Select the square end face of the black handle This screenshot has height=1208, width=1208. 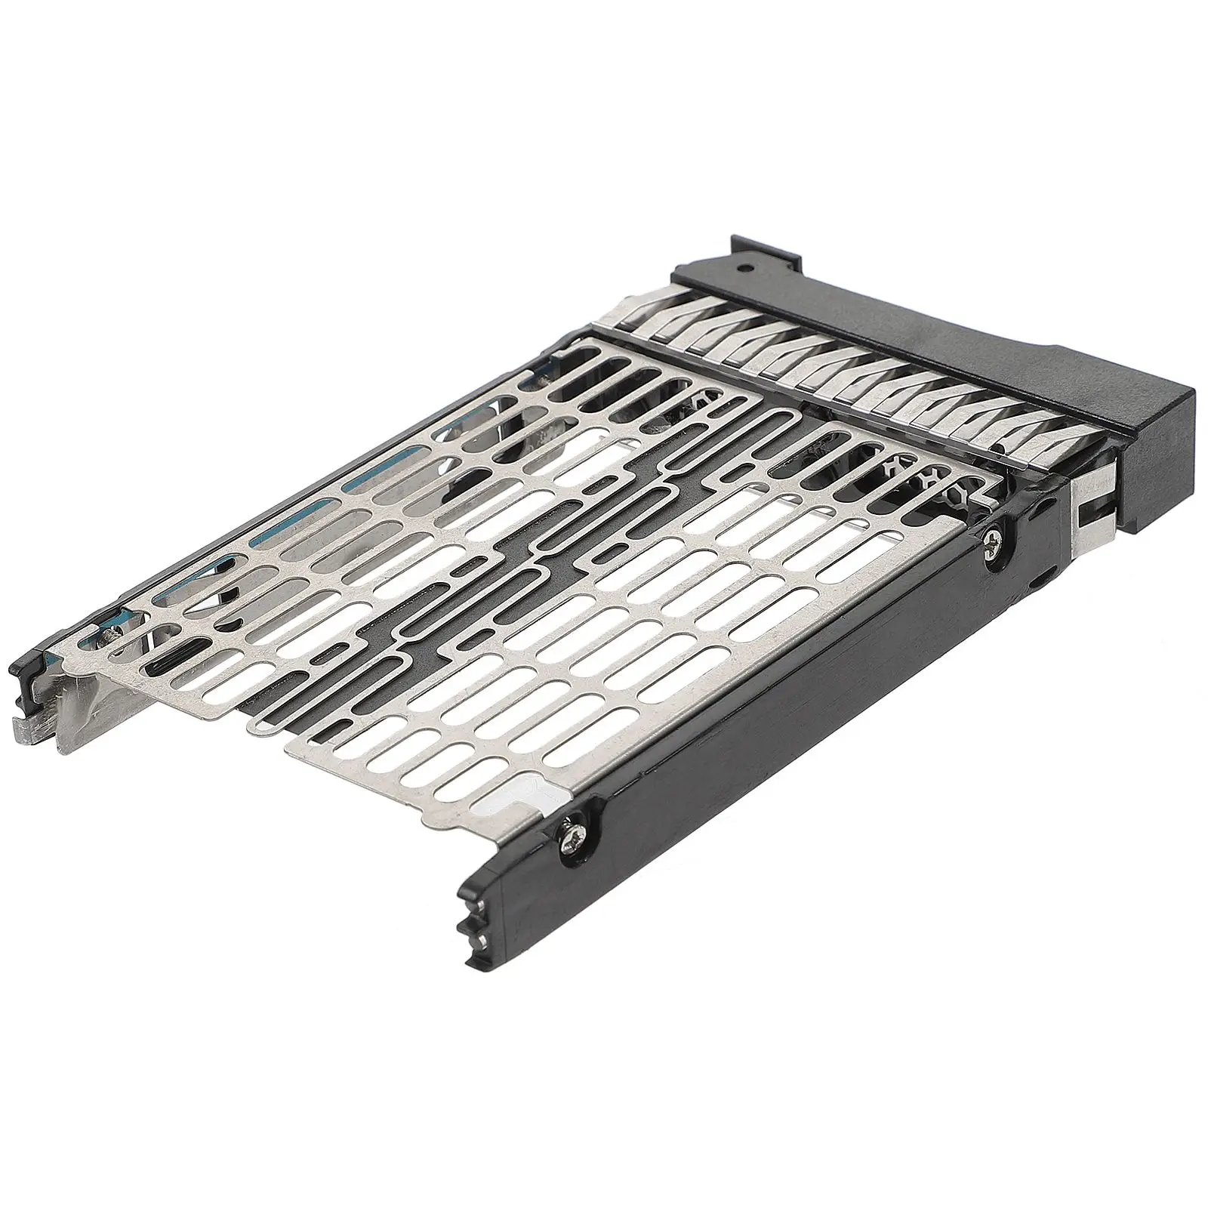click(1155, 461)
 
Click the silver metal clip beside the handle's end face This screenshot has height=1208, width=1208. click(1095, 498)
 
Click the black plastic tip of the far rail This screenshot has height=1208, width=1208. click(24, 679)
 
